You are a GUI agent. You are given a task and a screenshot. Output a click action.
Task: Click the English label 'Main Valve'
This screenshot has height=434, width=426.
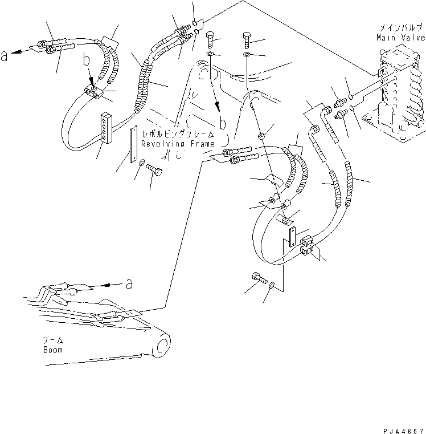(400, 38)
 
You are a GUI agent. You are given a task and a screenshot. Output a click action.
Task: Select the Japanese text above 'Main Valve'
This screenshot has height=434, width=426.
(400, 27)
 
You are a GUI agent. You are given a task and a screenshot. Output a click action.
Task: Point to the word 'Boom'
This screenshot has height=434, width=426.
(53, 350)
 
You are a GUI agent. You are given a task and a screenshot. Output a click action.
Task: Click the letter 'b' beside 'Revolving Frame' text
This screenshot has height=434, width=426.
(222, 122)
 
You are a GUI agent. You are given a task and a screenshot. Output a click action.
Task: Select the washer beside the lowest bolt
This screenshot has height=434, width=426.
(272, 285)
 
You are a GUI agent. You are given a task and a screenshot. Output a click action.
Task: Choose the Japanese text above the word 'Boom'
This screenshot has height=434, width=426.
(53, 339)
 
